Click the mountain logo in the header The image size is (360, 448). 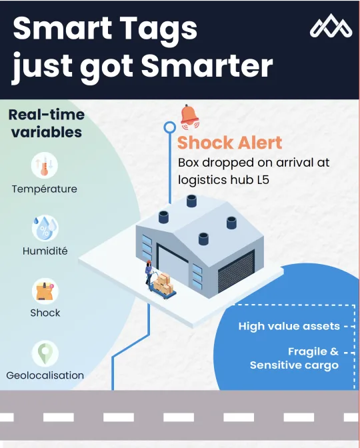[331, 26]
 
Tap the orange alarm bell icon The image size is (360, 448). [189, 117]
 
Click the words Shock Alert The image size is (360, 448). [230, 142]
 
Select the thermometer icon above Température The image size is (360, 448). [44, 165]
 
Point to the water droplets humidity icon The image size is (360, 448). [45, 228]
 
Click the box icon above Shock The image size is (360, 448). [45, 291]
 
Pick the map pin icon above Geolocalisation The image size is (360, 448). [45, 353]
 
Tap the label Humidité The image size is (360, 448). [45, 251]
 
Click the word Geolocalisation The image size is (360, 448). [45, 375]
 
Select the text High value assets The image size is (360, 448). [289, 326]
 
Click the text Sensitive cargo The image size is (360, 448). [294, 365]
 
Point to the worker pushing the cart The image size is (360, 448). [149, 273]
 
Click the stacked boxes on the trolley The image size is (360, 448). [163, 284]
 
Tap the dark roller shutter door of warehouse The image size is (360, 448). [236, 271]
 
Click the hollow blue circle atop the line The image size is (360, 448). [170, 127]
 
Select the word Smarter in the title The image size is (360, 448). [207, 66]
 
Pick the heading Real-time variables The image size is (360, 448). [47, 123]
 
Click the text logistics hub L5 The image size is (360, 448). [224, 180]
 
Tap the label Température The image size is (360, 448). [44, 189]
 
